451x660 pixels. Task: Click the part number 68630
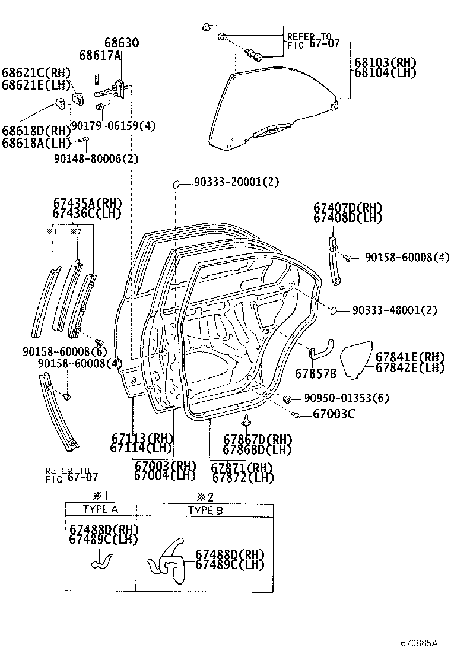pyautogui.click(x=122, y=43)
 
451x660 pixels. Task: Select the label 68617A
pyautogui.click(x=100, y=55)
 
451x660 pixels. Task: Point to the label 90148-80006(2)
pyautogui.click(x=96, y=158)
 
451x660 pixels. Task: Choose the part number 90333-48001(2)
pyautogui.click(x=395, y=310)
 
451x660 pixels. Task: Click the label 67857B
pyautogui.click(x=316, y=373)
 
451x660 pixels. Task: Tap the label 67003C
pyautogui.click(x=334, y=414)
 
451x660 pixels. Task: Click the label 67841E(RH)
pyautogui.click(x=409, y=357)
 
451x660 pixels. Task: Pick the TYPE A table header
pyautogui.click(x=100, y=509)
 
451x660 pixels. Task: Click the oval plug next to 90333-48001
pyautogui.click(x=334, y=310)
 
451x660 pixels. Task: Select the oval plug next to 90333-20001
pyautogui.click(x=176, y=185)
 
